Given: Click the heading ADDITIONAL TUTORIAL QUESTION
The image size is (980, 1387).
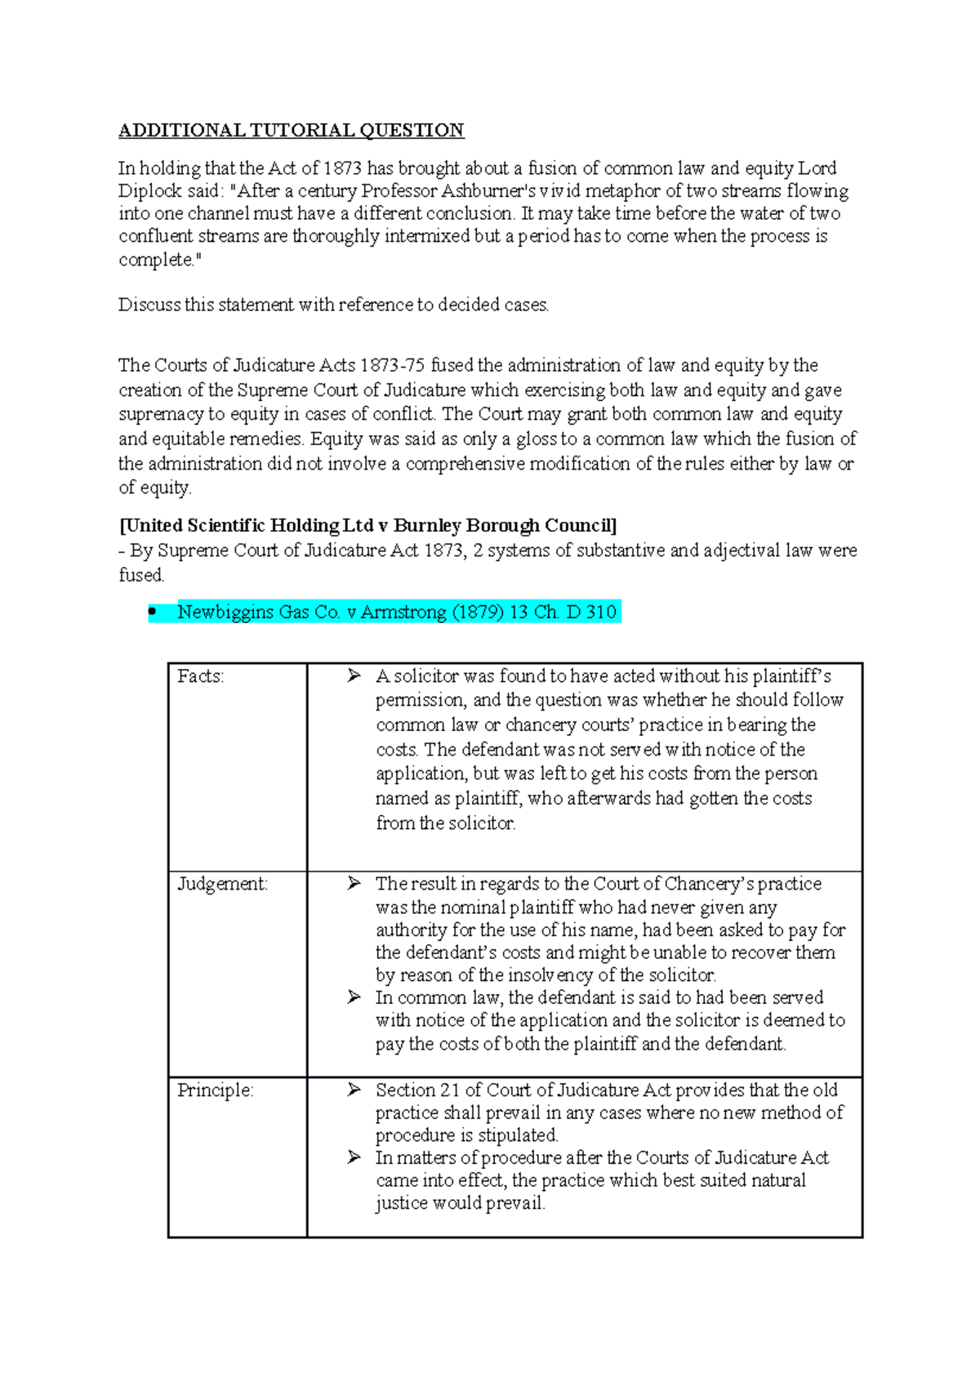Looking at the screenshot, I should pyautogui.click(x=291, y=131).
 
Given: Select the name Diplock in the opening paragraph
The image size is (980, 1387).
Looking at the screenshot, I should pyautogui.click(x=149, y=191).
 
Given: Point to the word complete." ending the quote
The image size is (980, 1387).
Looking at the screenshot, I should pyautogui.click(x=159, y=260).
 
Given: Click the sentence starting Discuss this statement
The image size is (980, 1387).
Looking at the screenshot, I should pyautogui.click(x=333, y=305).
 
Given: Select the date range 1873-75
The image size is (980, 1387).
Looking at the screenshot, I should pyautogui.click(x=393, y=365).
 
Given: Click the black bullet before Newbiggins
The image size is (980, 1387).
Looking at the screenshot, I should pyautogui.click(x=152, y=612).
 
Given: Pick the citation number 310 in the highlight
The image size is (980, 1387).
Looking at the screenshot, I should pyautogui.click(x=600, y=612).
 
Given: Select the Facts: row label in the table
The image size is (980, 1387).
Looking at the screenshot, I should pyautogui.click(x=200, y=676).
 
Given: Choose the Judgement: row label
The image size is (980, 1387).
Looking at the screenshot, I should pyautogui.click(x=222, y=884).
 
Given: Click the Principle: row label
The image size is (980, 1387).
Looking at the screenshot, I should pyautogui.click(x=215, y=1090).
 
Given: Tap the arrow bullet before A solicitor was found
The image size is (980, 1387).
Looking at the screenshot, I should pyautogui.click(x=354, y=676).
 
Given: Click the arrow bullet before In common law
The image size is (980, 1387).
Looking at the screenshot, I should pyautogui.click(x=354, y=997).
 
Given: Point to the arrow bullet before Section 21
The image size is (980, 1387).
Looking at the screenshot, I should pyautogui.click(x=354, y=1090).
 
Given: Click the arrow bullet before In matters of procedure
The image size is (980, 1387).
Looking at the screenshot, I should pyautogui.click(x=354, y=1157).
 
